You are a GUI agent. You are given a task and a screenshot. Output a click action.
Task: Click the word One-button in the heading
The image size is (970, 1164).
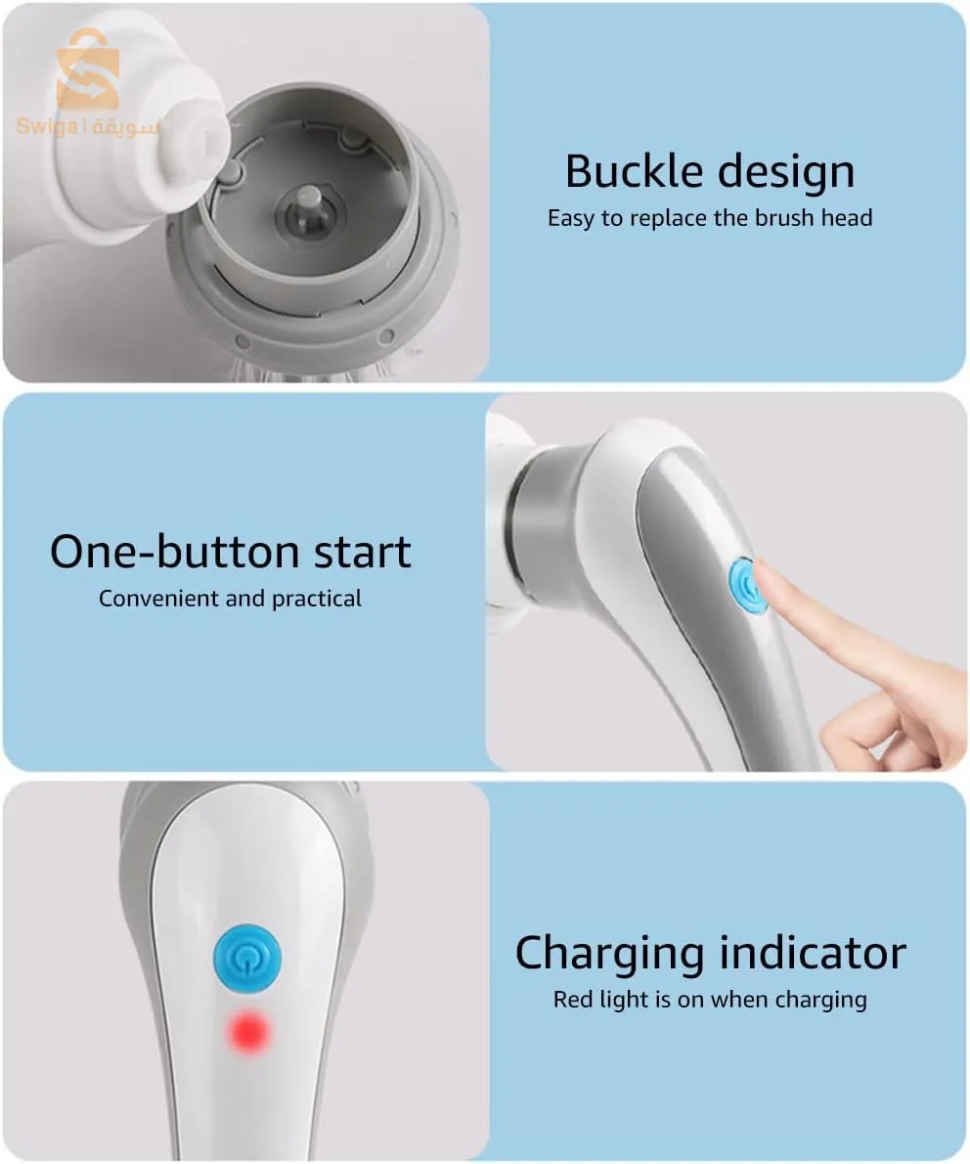pyautogui.click(x=174, y=552)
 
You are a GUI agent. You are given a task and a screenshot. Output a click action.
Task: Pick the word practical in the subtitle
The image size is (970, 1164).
pyautogui.click(x=317, y=599)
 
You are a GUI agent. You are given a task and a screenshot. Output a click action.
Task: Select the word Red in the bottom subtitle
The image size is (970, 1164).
pyautogui.click(x=573, y=1000)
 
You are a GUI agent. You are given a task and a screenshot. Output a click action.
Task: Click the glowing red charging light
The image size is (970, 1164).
pyautogui.click(x=248, y=1032)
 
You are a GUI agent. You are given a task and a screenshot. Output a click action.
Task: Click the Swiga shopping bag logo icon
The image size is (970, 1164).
pyautogui.click(x=88, y=69)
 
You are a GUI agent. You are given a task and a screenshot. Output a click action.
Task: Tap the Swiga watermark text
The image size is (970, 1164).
pyautogui.click(x=88, y=126)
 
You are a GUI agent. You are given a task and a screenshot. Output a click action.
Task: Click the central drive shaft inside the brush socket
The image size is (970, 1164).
pyautogui.click(x=311, y=211)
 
